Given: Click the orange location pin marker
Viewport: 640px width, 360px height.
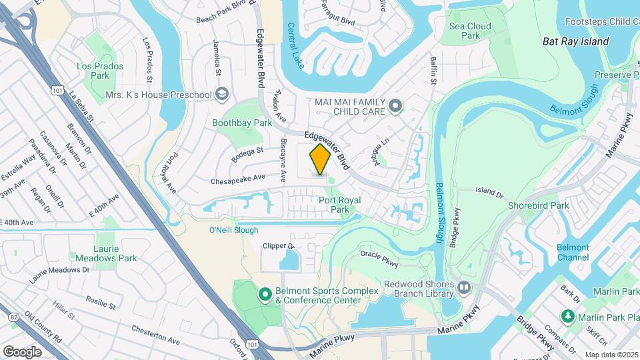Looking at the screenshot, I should [320, 159].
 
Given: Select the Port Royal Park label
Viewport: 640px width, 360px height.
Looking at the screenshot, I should [339, 205].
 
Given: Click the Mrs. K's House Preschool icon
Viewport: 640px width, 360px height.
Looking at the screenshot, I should [222, 95].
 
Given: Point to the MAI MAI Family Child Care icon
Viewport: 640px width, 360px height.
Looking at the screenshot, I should [395, 105].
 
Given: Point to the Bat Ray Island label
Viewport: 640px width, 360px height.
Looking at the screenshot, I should [575, 41].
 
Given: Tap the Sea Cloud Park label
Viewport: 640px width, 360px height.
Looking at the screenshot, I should [470, 31].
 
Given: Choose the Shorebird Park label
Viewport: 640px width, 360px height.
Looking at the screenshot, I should [539, 205].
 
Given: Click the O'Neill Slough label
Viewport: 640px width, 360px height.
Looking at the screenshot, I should [233, 231].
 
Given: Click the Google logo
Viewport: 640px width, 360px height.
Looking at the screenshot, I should [22, 351].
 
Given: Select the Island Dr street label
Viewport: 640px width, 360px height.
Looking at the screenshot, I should [489, 193].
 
